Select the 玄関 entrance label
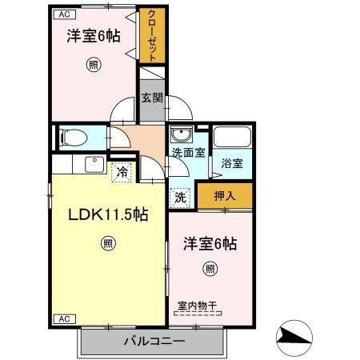(x=152, y=98)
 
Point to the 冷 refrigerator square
(x=122, y=171)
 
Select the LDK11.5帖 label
(x=106, y=214)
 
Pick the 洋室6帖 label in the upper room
(x=94, y=36)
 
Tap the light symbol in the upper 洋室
(x=94, y=66)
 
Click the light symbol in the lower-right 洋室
(x=210, y=268)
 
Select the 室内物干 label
(x=197, y=305)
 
